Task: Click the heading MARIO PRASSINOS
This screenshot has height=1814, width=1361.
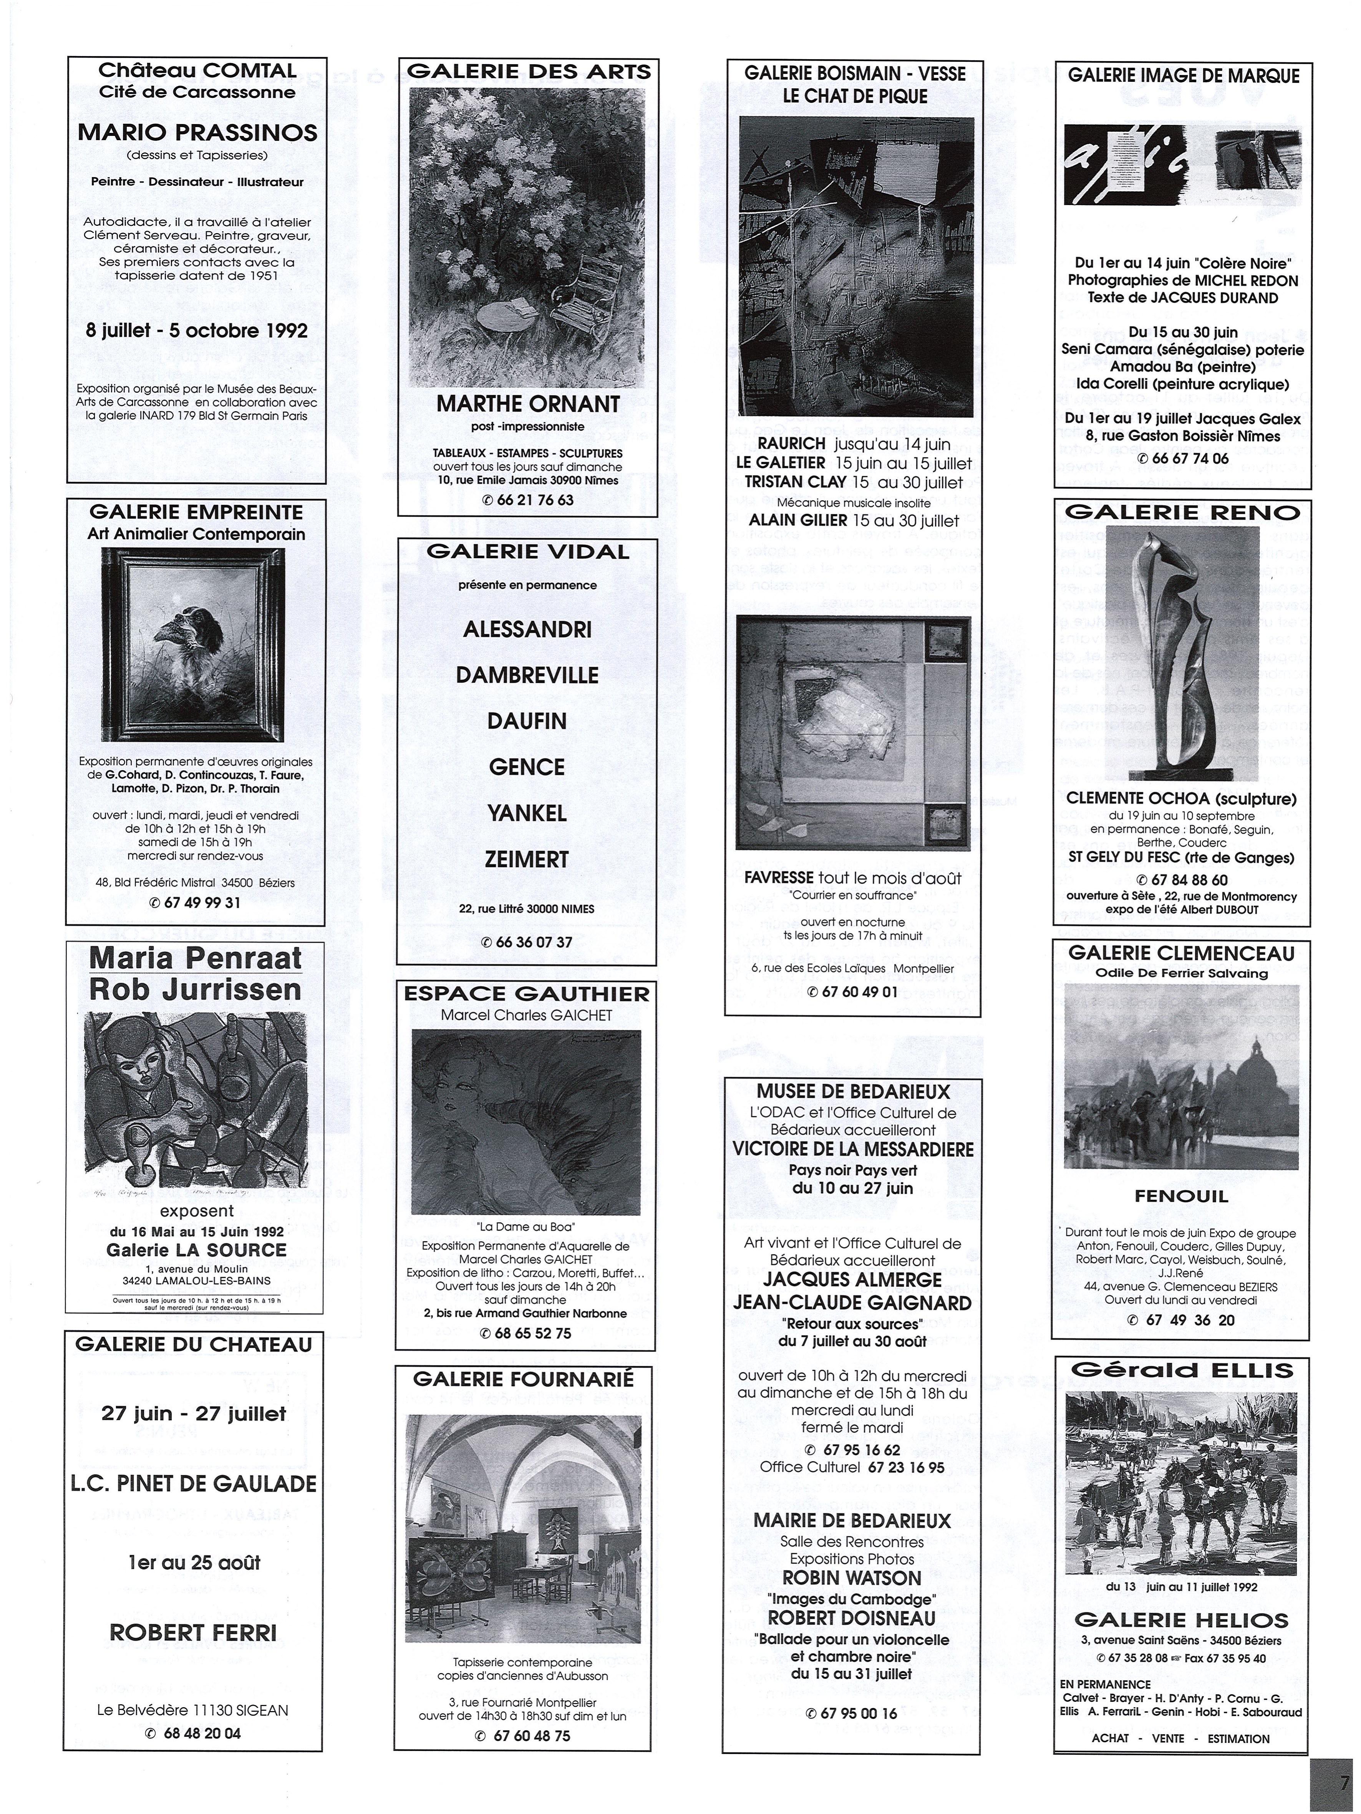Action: [x=197, y=132]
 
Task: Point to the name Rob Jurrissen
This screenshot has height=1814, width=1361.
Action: [x=195, y=990]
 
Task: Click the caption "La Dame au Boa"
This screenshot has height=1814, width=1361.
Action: [x=526, y=1227]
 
